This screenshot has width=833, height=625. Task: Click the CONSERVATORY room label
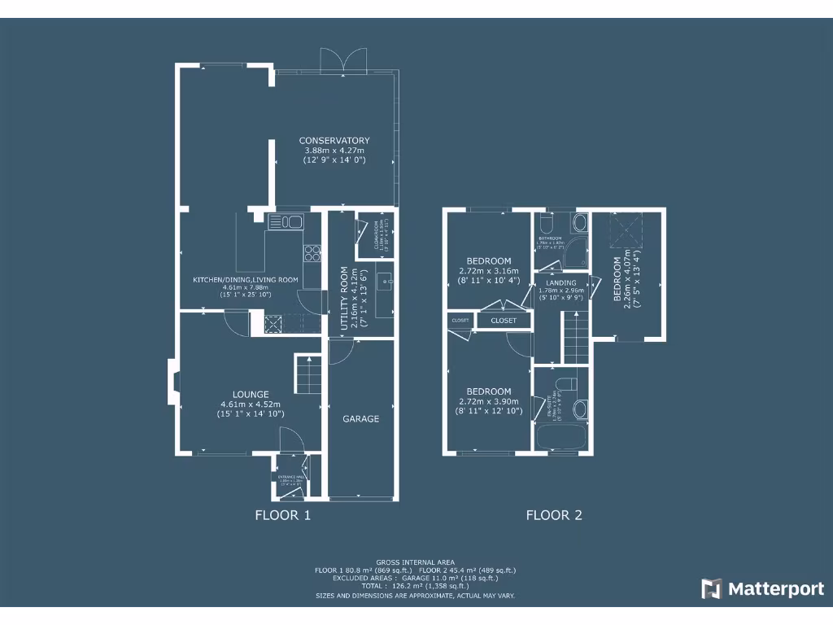pos(334,140)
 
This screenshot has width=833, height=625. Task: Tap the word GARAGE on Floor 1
pos(360,418)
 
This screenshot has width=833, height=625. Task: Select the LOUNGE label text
pos(250,394)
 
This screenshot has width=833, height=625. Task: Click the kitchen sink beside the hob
pos(285,221)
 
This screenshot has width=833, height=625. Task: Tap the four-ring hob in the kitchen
pos(312,253)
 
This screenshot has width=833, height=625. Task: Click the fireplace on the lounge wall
pos(172,382)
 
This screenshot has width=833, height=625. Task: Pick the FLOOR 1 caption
pos(282,514)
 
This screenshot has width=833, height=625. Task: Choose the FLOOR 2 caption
pos(554,514)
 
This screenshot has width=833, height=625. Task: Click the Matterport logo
pos(763,588)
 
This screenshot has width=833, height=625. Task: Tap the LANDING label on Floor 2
pos(561,282)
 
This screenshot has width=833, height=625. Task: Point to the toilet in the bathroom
pos(546,222)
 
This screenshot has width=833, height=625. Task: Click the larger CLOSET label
pos(504,321)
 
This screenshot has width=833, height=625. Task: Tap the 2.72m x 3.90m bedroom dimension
pos(489,401)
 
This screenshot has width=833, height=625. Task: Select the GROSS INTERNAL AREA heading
pos(416,562)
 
